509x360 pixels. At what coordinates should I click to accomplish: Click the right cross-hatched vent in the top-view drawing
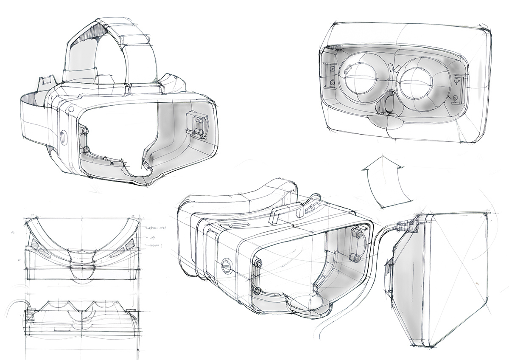point(126,249)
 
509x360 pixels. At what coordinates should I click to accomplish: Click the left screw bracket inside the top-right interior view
point(331,74)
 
